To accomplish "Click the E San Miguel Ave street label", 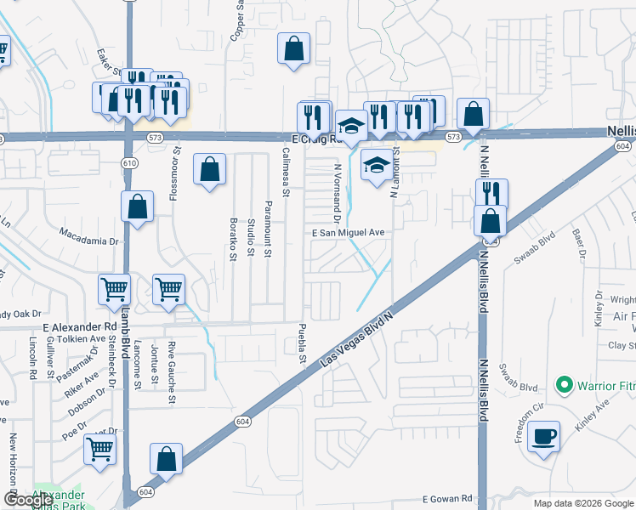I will [349, 232].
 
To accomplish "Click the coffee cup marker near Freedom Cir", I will [544, 438].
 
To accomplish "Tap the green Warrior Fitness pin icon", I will [563, 386].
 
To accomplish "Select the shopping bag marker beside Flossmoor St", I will [209, 169].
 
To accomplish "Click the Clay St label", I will [622, 346].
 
